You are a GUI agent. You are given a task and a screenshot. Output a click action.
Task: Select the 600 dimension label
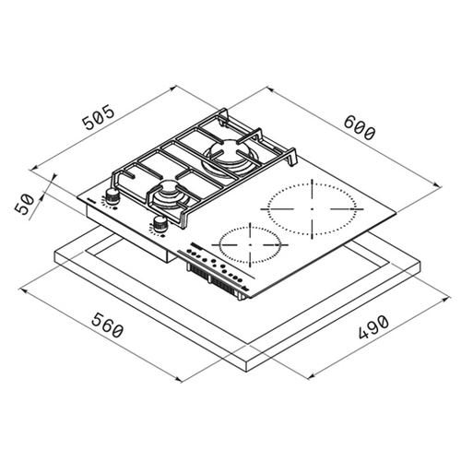360,128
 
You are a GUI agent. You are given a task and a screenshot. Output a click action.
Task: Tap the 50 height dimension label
25,205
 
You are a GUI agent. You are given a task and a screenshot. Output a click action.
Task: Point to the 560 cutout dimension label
108,325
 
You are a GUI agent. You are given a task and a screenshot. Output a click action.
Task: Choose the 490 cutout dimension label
374,327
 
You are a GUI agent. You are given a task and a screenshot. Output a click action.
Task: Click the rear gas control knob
112,195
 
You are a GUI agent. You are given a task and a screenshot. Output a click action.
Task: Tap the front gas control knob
159,224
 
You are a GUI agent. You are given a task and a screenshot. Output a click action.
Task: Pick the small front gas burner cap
168,186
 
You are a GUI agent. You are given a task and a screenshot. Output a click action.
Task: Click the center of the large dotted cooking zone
312,208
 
